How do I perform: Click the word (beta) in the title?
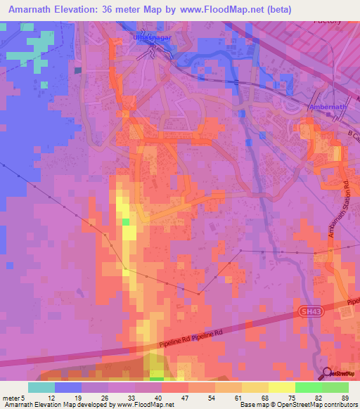278,9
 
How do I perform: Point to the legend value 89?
345,397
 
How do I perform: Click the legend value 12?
42,397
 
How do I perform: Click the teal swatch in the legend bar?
41,387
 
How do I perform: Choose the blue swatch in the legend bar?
68,387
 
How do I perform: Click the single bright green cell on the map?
126,222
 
